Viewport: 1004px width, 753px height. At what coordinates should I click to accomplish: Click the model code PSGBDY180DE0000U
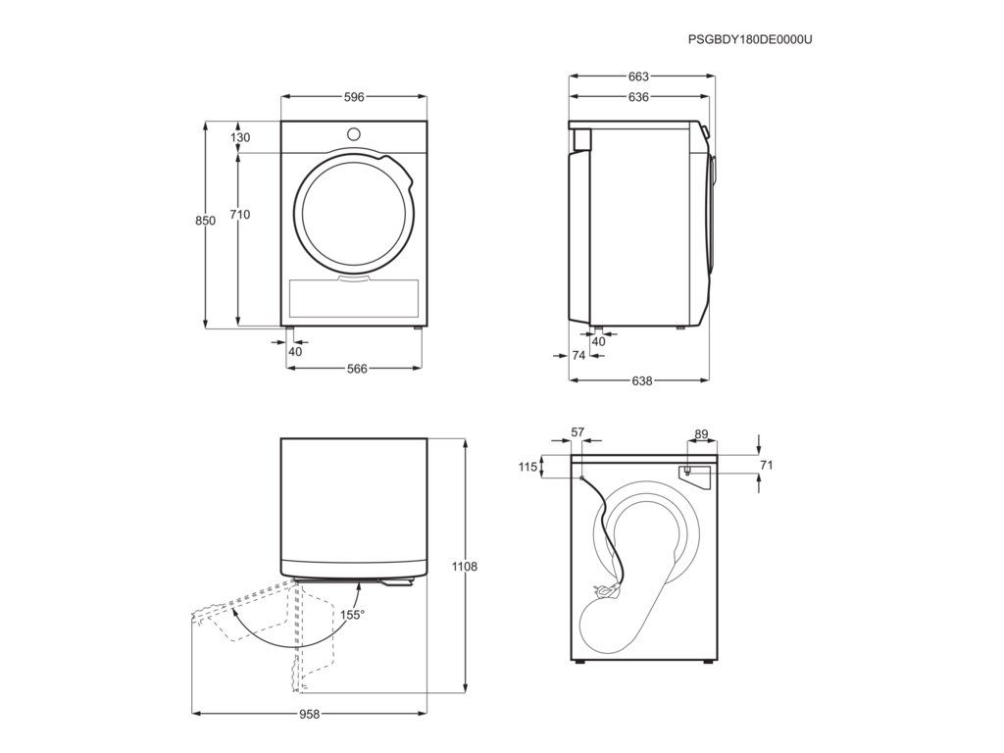(x=750, y=39)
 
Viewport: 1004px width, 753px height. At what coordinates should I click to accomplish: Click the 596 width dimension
(x=354, y=97)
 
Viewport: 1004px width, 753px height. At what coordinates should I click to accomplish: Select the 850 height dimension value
(x=205, y=222)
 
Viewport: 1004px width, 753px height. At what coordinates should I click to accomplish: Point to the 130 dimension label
(x=240, y=138)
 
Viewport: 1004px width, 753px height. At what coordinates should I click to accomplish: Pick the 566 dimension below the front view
(x=356, y=369)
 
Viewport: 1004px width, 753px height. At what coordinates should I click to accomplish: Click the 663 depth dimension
(x=638, y=76)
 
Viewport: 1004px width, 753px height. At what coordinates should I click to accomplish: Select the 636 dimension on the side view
(x=638, y=97)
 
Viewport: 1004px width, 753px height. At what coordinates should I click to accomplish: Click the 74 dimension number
(x=578, y=356)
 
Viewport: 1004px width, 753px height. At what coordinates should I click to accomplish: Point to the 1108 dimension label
(x=465, y=567)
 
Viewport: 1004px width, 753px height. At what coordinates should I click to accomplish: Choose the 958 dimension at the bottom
(x=309, y=714)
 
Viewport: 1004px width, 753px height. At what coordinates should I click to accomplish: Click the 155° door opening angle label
(x=352, y=615)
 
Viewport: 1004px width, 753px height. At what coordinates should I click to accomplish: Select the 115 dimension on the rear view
(x=527, y=468)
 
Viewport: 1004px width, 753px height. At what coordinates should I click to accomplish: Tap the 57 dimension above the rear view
(x=577, y=432)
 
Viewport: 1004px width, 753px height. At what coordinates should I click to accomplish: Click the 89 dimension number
(x=700, y=433)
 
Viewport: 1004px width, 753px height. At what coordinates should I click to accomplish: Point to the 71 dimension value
(x=767, y=465)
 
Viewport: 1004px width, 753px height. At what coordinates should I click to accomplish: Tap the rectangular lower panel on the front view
(x=354, y=298)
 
